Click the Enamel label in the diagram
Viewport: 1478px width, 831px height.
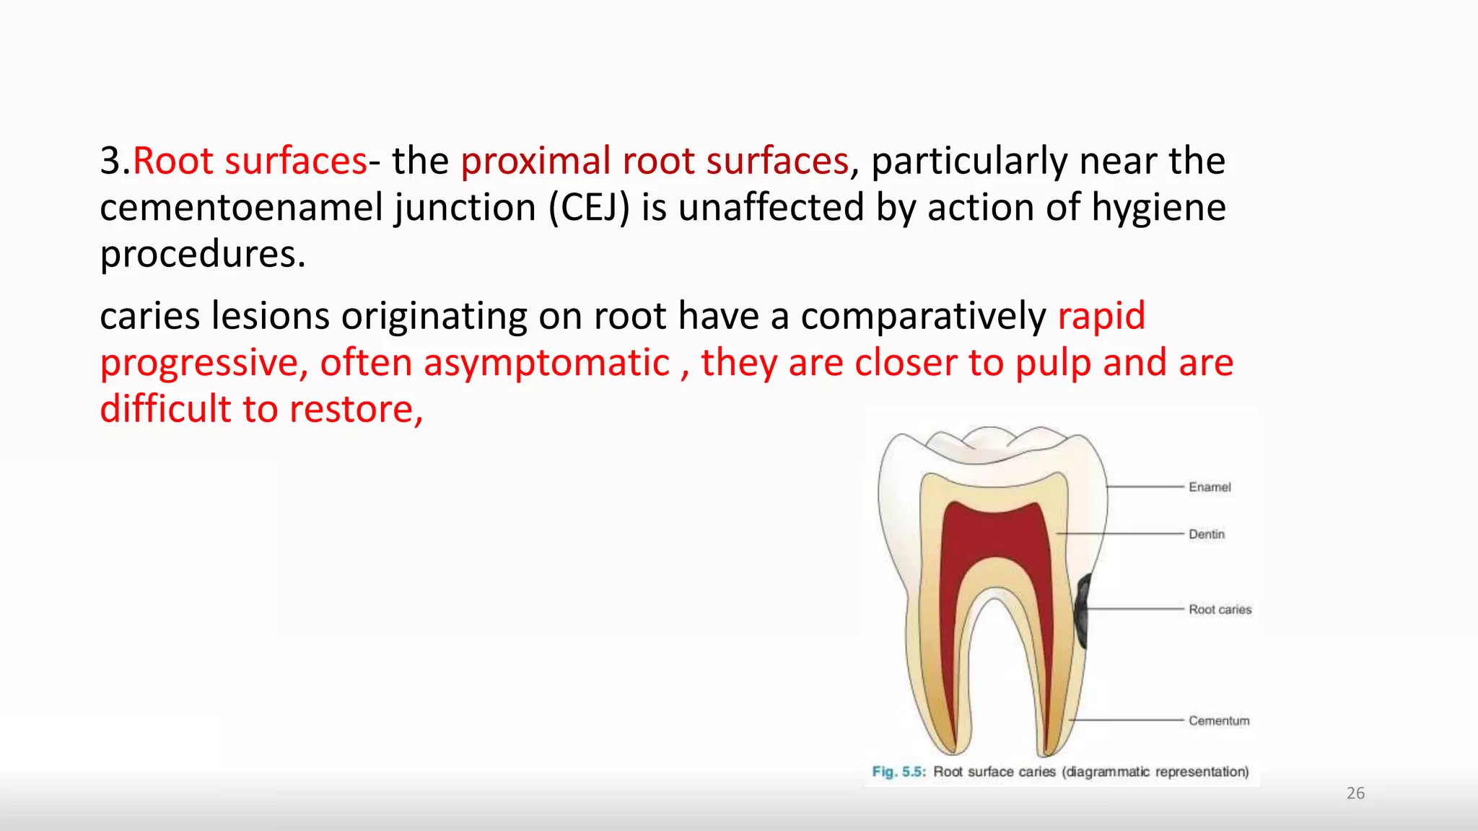1210,487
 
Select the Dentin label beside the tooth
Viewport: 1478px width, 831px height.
1207,535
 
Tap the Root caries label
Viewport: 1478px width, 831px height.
1220,610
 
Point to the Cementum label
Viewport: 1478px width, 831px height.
1219,721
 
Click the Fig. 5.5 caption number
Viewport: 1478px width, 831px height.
898,772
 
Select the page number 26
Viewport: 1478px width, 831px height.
1355,793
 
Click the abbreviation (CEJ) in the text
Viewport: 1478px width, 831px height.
589,208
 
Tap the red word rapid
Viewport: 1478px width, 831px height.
1101,316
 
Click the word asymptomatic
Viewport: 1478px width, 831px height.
546,363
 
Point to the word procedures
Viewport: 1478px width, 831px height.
202,255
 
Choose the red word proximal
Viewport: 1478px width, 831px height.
535,161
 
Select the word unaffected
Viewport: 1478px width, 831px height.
771,208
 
